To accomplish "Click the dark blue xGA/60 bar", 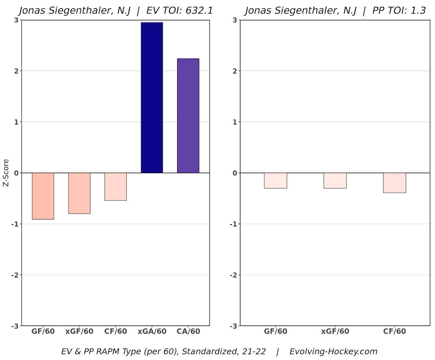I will tap(152, 98).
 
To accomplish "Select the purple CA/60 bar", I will tap(188, 115).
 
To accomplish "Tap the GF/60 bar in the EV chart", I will tap(43, 196).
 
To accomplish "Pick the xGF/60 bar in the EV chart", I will tap(79, 193).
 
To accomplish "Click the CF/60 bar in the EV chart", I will tap(116, 186).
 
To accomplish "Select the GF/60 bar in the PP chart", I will tap(275, 180).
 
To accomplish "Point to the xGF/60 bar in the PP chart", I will tap(335, 180).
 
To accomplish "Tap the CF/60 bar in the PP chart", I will tap(394, 183).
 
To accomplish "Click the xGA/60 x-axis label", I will tap(152, 332).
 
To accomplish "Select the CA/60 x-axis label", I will tap(188, 332).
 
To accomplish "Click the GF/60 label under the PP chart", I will tap(275, 332).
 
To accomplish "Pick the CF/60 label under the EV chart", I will tap(116, 332).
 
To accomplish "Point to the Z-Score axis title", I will tap(6, 173).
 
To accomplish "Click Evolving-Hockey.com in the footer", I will tap(333, 352).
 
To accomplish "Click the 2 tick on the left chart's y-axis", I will tap(16, 71).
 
